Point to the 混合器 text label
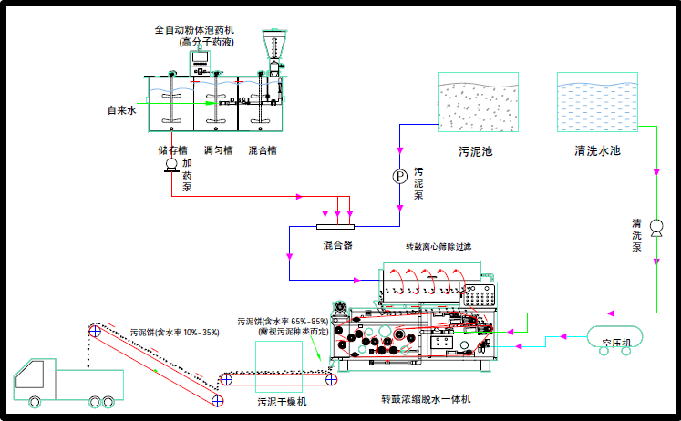337,245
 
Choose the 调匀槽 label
218,149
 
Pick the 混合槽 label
263,149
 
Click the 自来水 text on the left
121,110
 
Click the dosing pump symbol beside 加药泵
170,165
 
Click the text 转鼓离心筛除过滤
439,246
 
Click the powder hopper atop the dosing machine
273,43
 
